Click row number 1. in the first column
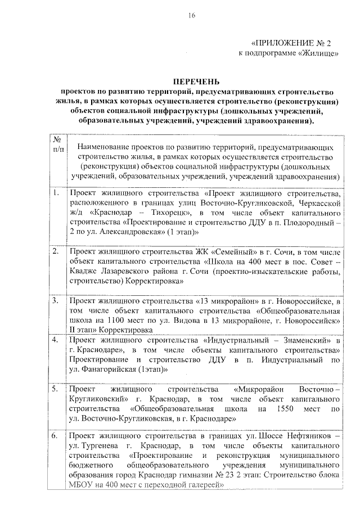coord(56,193)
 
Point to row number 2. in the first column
coord(56,251)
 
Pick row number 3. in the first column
coord(56,300)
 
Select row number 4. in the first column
coord(56,340)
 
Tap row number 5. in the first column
coord(56,389)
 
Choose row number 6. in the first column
coord(56,436)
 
